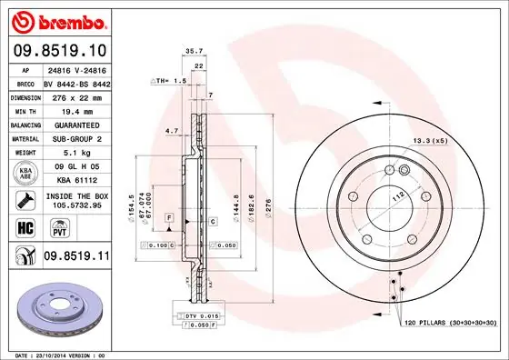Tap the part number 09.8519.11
pos(75,257)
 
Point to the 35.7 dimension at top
pos(193,52)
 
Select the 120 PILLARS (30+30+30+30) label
pos(448,322)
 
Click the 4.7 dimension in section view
pos(172,131)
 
